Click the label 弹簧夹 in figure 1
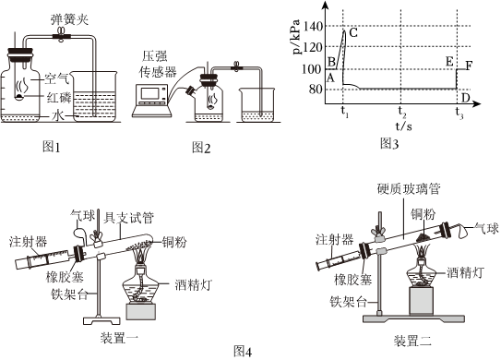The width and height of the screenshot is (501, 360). [69, 19]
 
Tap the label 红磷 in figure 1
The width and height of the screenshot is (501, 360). [59, 98]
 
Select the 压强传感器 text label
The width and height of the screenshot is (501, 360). [158, 65]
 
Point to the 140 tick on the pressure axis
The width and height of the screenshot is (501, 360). [313, 26]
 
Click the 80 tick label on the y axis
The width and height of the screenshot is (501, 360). [316, 89]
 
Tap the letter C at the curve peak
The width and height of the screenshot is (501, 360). [353, 32]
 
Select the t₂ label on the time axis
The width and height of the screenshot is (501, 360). [401, 111]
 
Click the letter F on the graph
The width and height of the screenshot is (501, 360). [469, 66]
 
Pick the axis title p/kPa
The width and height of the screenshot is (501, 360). [297, 37]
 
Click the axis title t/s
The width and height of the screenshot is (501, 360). [403, 126]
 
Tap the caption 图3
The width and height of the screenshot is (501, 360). [389, 144]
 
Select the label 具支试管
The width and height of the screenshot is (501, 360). [129, 218]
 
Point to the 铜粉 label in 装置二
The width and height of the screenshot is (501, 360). [423, 214]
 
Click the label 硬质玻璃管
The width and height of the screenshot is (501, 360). [409, 189]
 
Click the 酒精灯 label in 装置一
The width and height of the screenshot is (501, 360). [194, 284]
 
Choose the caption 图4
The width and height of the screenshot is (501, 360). [243, 352]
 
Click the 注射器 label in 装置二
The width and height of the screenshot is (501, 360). [335, 239]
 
